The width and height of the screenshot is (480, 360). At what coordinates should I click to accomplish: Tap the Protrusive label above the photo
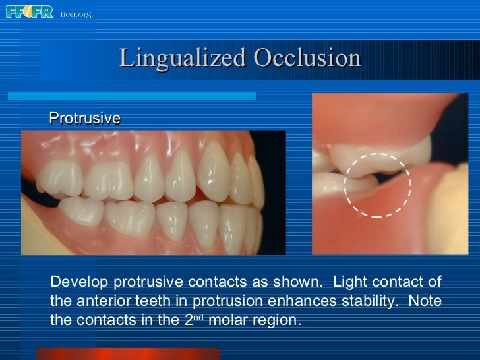[x=85, y=118]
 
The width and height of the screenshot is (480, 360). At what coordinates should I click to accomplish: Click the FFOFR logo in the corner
[x=29, y=12]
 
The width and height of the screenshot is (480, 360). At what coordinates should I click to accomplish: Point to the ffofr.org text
[x=76, y=13]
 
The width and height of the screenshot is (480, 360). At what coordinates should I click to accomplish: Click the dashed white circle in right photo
[x=377, y=185]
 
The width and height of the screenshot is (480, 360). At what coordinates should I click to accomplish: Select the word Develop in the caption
[x=79, y=282]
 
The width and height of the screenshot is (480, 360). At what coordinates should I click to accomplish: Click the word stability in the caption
[x=368, y=301]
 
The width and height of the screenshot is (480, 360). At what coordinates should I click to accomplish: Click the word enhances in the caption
[x=309, y=301]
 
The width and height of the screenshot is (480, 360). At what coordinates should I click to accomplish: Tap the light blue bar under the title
[x=132, y=96]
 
